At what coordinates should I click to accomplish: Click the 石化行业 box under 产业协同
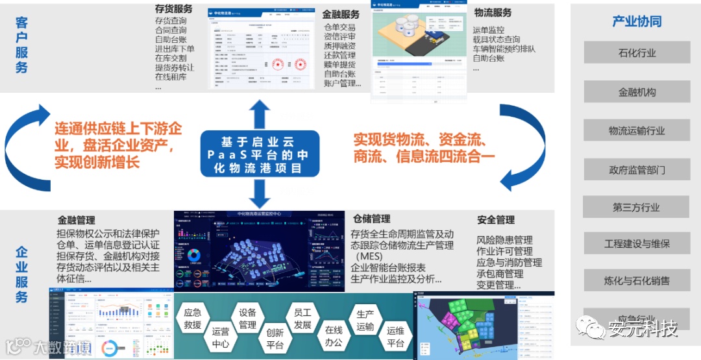coord(636,53)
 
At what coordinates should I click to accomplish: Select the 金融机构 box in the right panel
coord(636,92)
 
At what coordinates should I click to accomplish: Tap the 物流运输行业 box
coord(636,130)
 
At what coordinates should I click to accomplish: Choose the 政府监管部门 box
coord(636,170)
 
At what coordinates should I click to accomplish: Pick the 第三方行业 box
coord(636,207)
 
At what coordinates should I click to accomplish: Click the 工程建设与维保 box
coord(636,245)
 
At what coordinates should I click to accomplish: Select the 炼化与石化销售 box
coord(636,281)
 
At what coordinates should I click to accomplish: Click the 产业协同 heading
coord(636,21)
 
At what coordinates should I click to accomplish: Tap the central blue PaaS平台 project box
coord(260,153)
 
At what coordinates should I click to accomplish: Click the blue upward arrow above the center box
coord(260,115)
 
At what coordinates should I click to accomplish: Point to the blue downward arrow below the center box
coord(260,193)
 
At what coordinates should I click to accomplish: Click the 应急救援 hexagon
coord(193,317)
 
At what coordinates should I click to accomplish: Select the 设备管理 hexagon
coord(247,318)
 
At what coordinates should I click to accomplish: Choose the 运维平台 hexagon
coord(395,336)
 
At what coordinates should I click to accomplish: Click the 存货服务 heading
coord(173,9)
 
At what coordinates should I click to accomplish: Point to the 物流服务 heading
coord(493,12)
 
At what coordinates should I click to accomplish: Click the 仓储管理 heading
coord(371,219)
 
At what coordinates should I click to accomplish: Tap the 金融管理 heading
coord(77,221)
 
